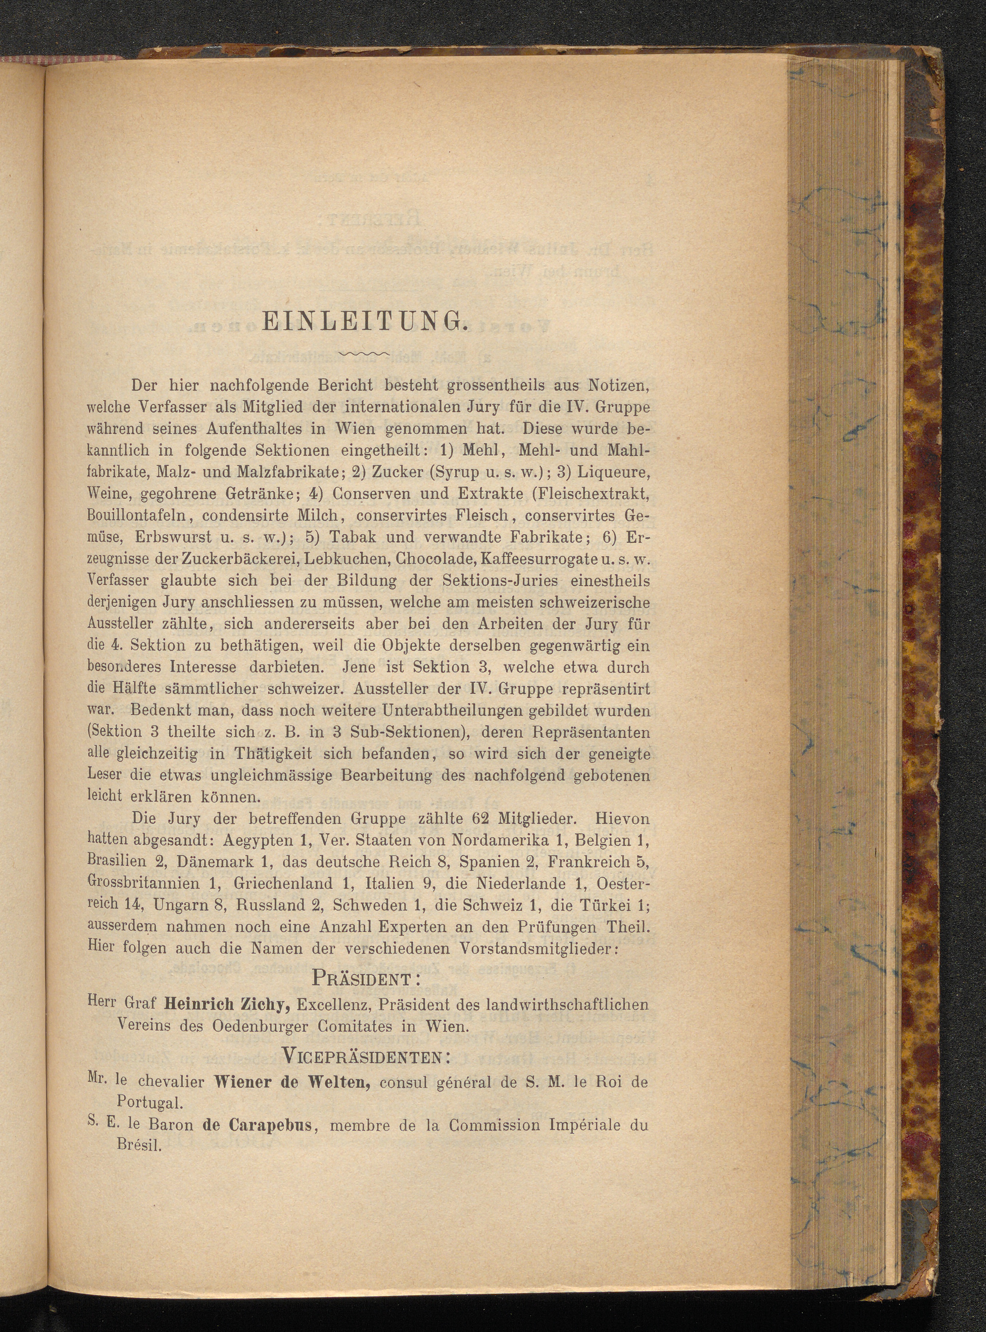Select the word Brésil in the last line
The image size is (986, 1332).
[138, 1147]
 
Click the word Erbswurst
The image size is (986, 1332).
[157, 537]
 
